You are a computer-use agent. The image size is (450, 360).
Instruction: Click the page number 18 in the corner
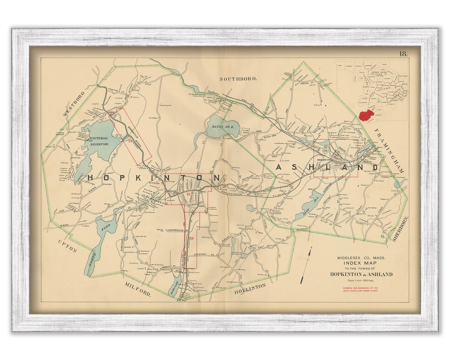(x=403, y=53)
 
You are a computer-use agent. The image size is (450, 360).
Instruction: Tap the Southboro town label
(x=233, y=78)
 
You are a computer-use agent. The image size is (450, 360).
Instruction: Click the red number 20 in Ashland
(x=336, y=155)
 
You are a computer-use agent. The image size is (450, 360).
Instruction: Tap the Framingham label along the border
(x=389, y=151)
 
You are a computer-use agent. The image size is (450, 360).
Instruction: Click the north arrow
(x=307, y=265)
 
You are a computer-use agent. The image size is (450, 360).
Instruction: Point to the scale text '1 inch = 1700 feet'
(x=361, y=280)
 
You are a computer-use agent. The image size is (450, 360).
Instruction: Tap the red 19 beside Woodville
(x=130, y=141)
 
